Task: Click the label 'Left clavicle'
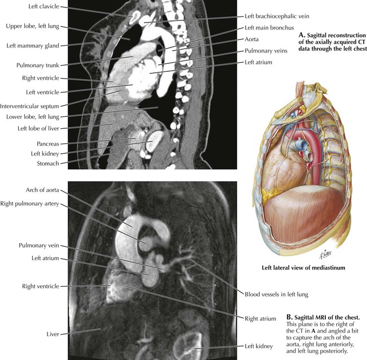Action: point(44,6)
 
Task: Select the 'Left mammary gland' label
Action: point(33,46)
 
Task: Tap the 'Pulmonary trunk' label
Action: point(38,65)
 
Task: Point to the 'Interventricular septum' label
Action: point(29,106)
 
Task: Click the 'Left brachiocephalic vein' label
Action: point(277,16)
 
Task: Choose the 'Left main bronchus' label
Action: point(269,28)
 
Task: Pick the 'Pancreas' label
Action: point(48,144)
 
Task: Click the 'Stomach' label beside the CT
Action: point(48,163)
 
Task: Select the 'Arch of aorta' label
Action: point(42,190)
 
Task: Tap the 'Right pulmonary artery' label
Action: point(29,203)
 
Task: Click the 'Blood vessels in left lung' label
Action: point(277,294)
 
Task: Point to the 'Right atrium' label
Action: point(260,319)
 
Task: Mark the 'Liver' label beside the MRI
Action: point(53,334)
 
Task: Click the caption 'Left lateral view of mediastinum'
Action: point(303,267)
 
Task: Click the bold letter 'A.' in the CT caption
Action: point(302,36)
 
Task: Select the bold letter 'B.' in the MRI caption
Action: point(290,318)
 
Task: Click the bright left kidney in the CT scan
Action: point(154,141)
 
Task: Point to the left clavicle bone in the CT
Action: point(135,17)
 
